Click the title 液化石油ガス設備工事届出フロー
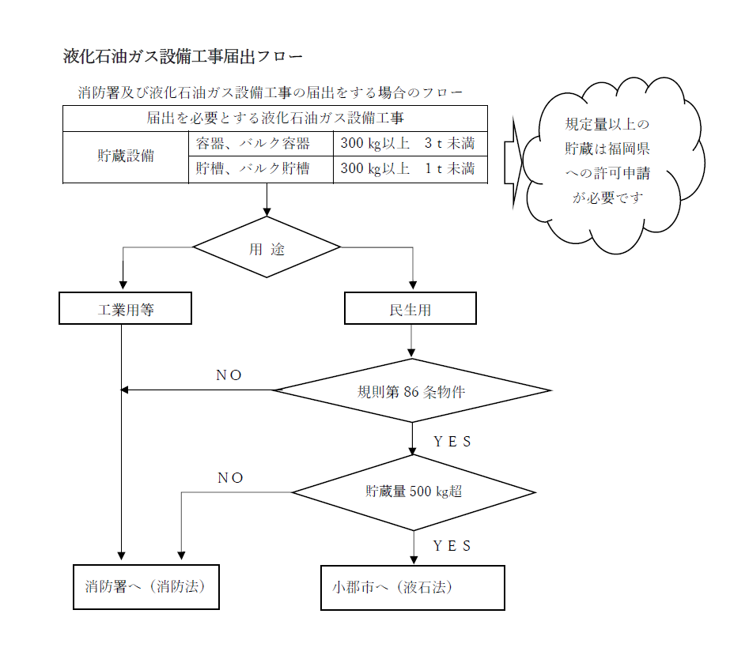point(183,57)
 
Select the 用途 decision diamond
point(267,248)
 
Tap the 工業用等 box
point(125,309)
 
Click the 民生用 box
point(410,309)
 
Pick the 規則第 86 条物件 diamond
point(410,390)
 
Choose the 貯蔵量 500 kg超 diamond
point(413,491)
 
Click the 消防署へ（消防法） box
point(146,587)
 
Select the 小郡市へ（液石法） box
point(412,588)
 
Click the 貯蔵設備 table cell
point(126,156)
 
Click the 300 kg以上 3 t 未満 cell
point(409,144)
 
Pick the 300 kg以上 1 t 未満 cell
point(409,169)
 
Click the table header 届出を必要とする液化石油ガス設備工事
point(275,119)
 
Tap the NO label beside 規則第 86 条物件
point(229,375)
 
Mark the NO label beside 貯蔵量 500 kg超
point(230,478)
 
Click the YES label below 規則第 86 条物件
point(452,442)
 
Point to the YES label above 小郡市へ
point(452,546)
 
